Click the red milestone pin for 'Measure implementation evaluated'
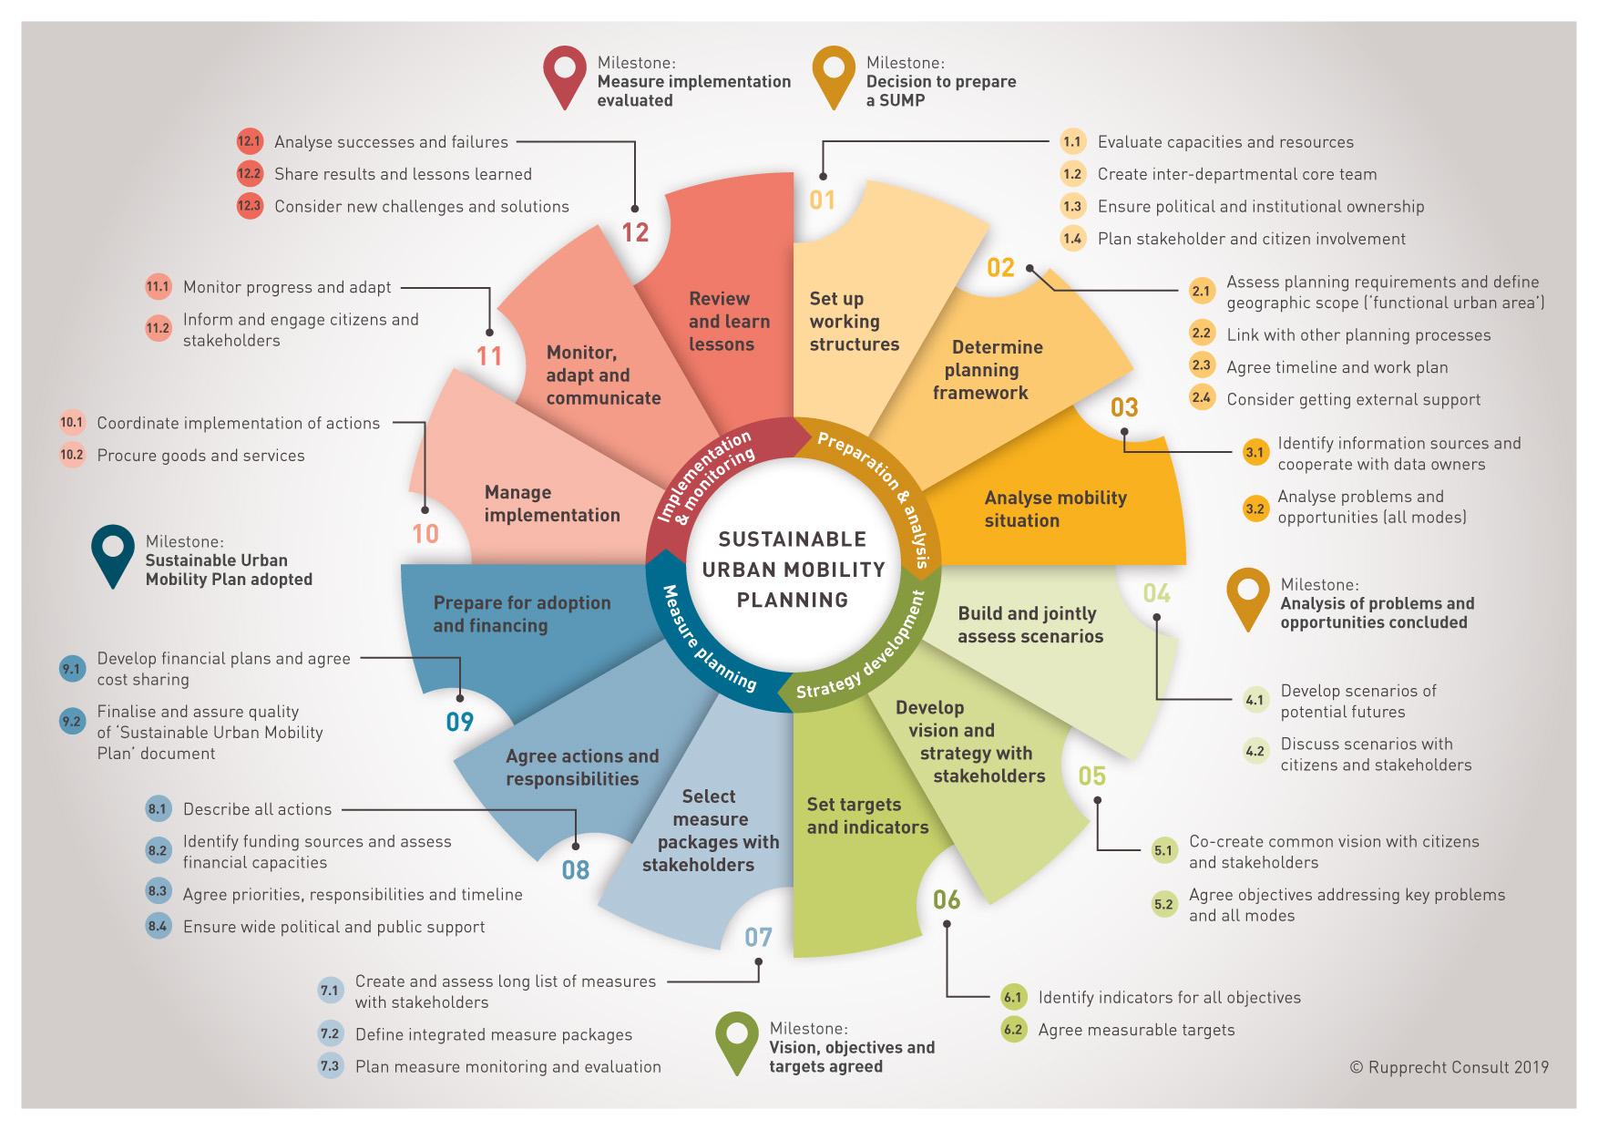click(565, 77)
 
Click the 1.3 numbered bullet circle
click(1072, 206)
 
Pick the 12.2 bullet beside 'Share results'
click(249, 173)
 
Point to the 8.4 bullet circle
click(158, 926)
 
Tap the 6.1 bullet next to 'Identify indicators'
click(1013, 997)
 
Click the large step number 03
click(1124, 407)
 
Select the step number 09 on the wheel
click(460, 722)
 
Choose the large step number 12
click(635, 232)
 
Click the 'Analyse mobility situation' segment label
click(1055, 508)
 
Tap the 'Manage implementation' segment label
click(552, 503)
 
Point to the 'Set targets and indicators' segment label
click(867, 816)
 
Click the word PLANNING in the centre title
click(793, 600)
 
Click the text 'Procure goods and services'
click(200, 456)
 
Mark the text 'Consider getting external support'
click(1353, 399)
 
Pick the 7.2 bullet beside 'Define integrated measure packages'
click(330, 1033)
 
